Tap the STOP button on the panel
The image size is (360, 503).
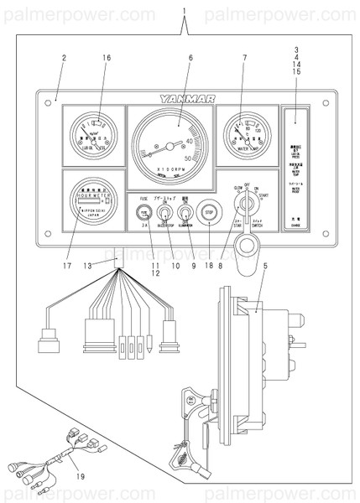point(210,213)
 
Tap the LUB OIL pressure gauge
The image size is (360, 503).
point(90,134)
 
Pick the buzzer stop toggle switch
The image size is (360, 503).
point(164,212)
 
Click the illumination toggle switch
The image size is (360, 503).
point(186,212)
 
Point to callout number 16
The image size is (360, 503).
point(107,57)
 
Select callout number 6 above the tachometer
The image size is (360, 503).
point(190,57)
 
